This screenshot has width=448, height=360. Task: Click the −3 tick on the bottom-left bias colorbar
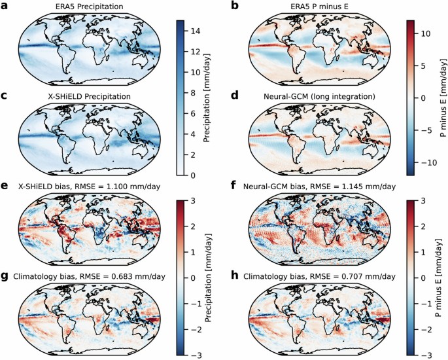pos(196,354)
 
